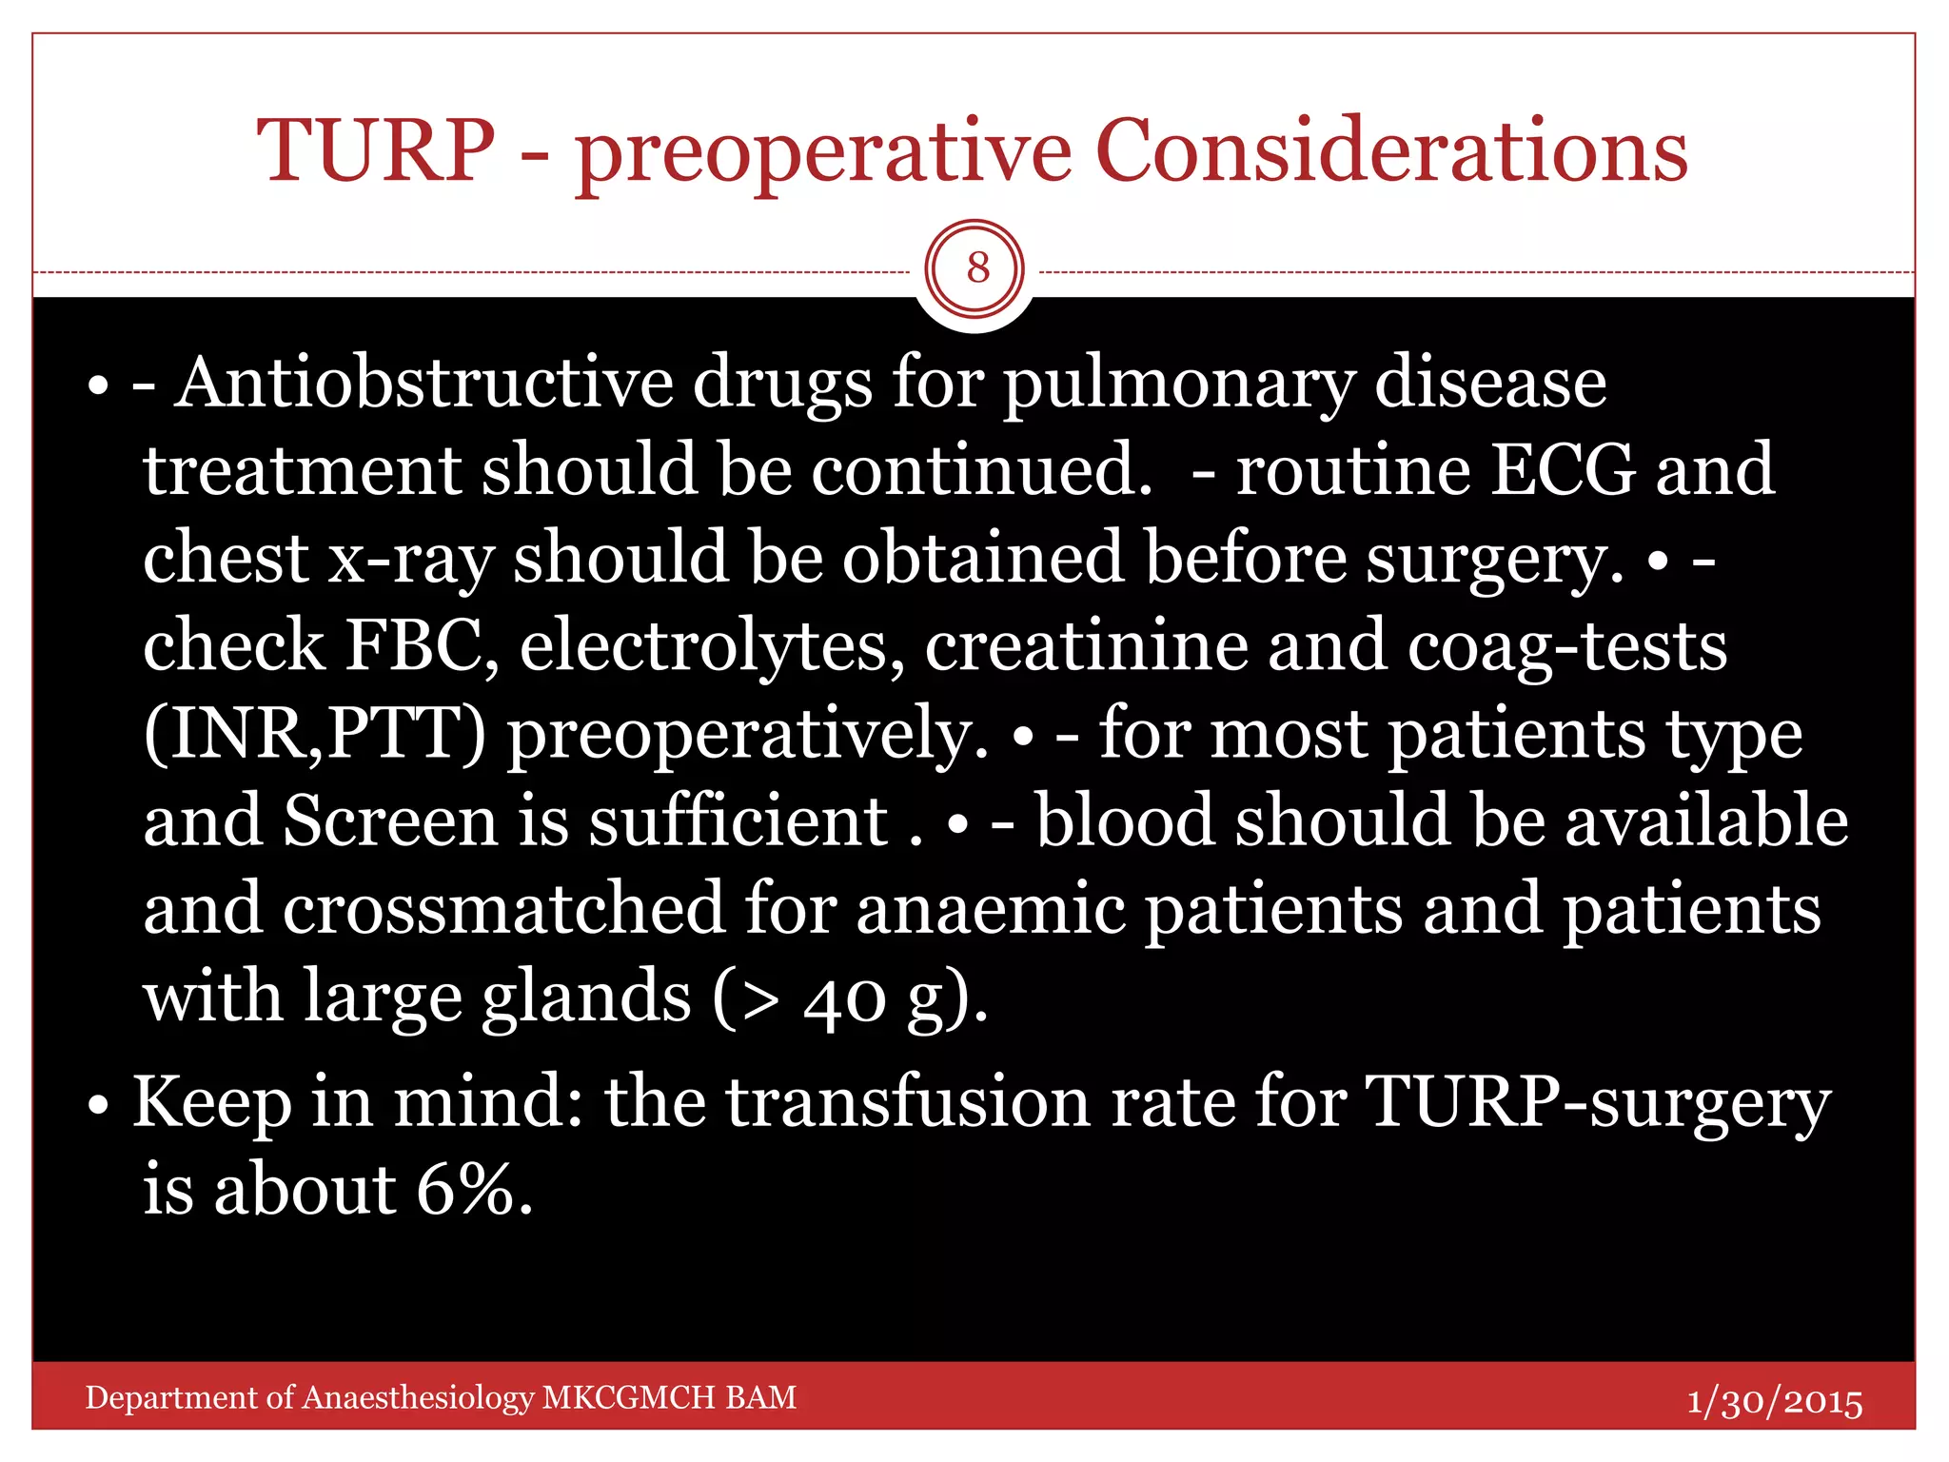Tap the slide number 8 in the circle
point(977,268)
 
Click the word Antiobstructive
point(423,383)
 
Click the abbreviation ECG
point(1562,469)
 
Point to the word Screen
point(390,820)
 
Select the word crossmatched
point(503,909)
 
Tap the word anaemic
point(991,909)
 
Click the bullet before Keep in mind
point(98,1106)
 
